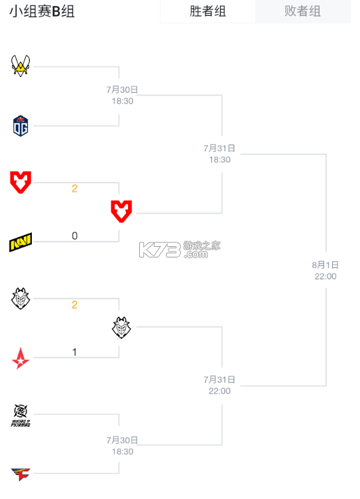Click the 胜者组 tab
(208, 11)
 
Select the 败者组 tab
(302, 11)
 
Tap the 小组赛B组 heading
(42, 11)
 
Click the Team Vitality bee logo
(21, 66)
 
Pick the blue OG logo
(21, 125)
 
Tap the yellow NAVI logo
(21, 242)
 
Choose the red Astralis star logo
(21, 358)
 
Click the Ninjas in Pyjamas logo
(21, 415)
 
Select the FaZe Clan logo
(21, 474)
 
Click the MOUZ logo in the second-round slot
(121, 211)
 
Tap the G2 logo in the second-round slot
(121, 328)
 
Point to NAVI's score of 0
(75, 236)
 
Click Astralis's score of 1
(75, 352)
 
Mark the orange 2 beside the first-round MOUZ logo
(75, 188)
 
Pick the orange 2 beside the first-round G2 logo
(75, 305)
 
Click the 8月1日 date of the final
(326, 265)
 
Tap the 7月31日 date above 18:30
(219, 148)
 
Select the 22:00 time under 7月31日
(219, 391)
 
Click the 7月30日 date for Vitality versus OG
(122, 90)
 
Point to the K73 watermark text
(160, 249)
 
